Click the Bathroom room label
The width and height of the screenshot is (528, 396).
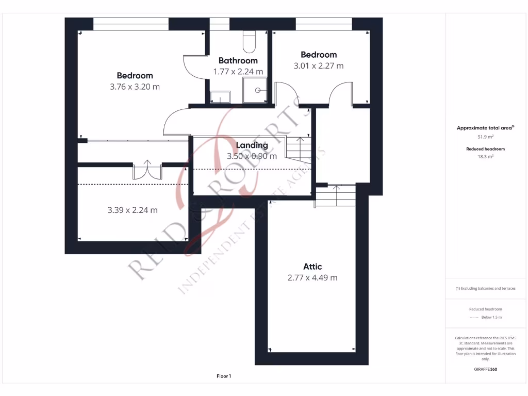click(x=238, y=60)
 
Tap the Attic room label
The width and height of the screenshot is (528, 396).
click(x=312, y=267)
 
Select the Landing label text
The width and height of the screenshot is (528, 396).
click(x=252, y=145)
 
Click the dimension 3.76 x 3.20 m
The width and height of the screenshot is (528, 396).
click(x=135, y=87)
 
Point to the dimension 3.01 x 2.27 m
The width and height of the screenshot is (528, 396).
click(x=318, y=65)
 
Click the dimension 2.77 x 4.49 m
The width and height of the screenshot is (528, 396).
click(x=312, y=277)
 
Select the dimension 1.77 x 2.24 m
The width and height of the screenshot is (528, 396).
click(x=238, y=72)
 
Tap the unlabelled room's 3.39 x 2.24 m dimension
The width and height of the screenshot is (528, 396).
click(x=133, y=210)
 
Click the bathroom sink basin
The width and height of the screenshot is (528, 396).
click(x=220, y=97)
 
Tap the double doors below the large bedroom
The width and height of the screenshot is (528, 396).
click(x=147, y=170)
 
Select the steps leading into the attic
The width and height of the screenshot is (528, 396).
click(x=335, y=195)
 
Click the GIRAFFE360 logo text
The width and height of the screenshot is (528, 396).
click(x=485, y=369)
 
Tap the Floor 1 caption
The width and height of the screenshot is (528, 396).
click(x=224, y=376)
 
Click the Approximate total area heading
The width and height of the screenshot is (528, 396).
click(x=484, y=128)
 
